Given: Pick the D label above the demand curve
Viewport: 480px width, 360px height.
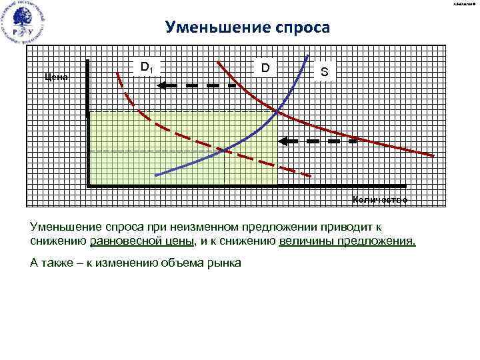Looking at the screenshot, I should point(265,68).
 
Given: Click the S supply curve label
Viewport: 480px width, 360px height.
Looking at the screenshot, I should point(324,71).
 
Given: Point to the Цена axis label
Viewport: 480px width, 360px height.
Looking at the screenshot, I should point(55,77).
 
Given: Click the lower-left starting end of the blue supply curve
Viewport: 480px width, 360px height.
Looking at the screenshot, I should point(156,175).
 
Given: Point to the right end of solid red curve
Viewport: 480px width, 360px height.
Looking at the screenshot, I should point(433,155).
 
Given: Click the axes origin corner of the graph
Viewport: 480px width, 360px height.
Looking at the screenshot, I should point(88,185).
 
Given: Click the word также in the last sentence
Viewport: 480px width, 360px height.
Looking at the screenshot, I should point(57,262).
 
